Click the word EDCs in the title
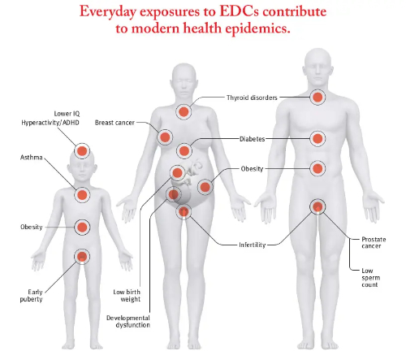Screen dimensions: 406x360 click(239, 11)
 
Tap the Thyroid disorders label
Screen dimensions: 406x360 click(252, 98)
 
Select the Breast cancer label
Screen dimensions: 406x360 click(114, 123)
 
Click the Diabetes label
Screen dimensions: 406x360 click(252, 139)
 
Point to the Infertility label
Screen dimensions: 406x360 click(252, 245)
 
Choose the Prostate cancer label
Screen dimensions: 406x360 click(374, 242)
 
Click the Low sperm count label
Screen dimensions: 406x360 click(370, 278)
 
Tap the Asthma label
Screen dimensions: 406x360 click(32, 158)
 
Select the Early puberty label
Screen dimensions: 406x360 click(31, 296)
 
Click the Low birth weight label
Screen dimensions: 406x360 click(127, 296)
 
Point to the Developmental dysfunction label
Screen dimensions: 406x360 click(128, 321)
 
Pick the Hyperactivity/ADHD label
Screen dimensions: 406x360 click(50, 123)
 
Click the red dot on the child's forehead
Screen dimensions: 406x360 click(82, 151)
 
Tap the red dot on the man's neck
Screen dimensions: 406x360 click(317, 97)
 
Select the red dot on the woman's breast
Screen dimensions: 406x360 click(165, 137)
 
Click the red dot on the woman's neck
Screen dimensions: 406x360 click(184, 111)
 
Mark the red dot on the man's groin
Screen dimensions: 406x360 click(317, 206)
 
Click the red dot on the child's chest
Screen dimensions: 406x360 click(82, 195)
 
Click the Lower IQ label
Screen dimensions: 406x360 click(67, 114)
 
